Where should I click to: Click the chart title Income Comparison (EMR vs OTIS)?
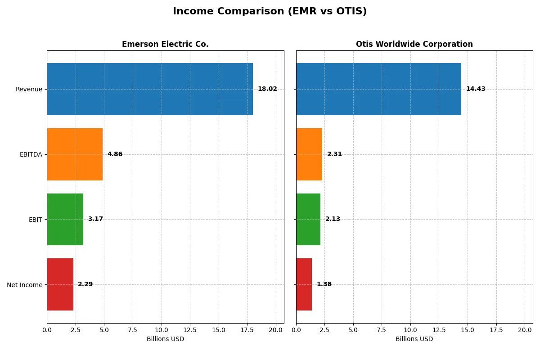point(270,12)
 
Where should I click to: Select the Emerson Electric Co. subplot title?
point(165,44)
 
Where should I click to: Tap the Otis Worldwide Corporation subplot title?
point(414,44)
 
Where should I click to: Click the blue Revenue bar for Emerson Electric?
point(150,89)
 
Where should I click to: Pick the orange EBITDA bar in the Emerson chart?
point(75,154)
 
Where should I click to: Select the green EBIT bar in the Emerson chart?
point(65,219)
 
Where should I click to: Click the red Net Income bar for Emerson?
point(60,284)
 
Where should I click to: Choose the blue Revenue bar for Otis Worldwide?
point(378,89)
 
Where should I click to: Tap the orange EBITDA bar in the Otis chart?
point(309,154)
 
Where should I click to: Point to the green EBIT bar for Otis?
point(308,219)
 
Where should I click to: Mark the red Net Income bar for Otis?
point(304,284)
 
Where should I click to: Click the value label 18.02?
point(267,89)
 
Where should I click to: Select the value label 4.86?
point(115,154)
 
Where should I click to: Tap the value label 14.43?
point(476,89)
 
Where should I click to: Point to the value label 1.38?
point(324,284)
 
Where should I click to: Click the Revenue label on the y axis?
point(29,89)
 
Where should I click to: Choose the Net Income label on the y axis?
point(25,284)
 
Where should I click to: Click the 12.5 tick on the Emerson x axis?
point(190,330)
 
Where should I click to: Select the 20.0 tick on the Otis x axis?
point(525,330)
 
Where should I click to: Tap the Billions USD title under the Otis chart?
point(414,339)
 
